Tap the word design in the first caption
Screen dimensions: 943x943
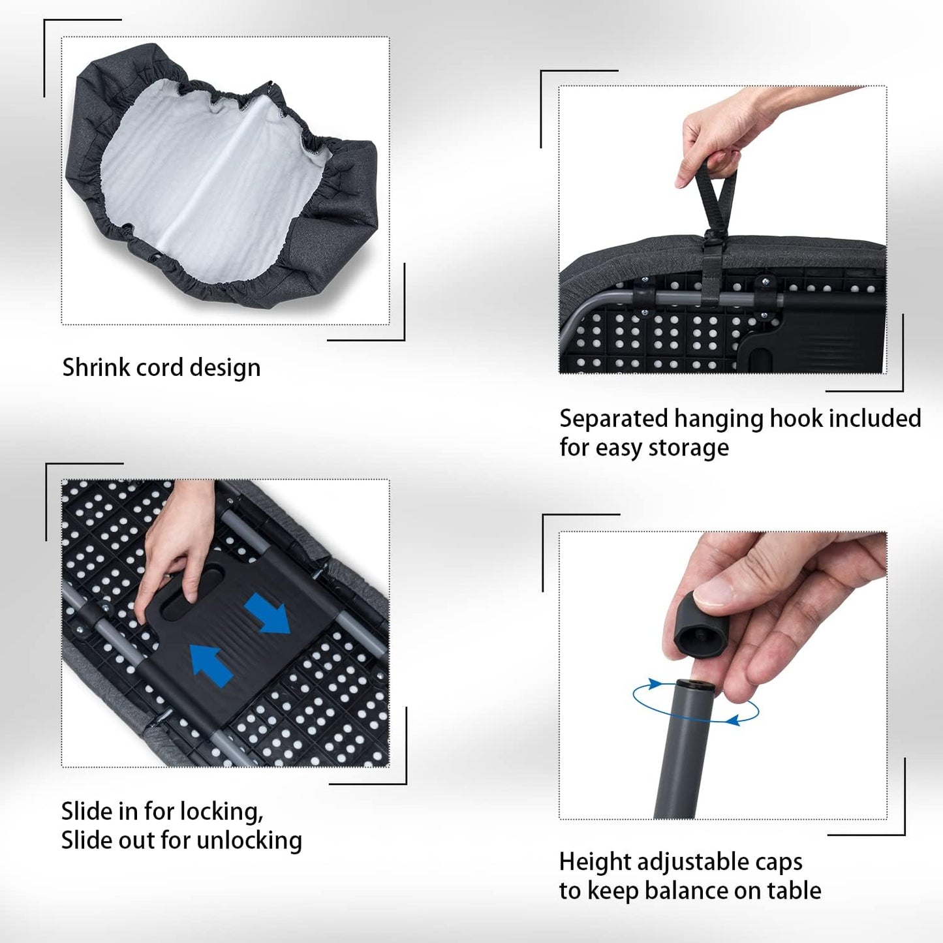[224, 368]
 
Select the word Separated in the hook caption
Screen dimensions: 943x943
[613, 420]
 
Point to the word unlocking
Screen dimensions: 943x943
[249, 841]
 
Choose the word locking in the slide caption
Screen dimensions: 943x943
[222, 812]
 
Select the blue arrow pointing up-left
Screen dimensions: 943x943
[211, 666]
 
